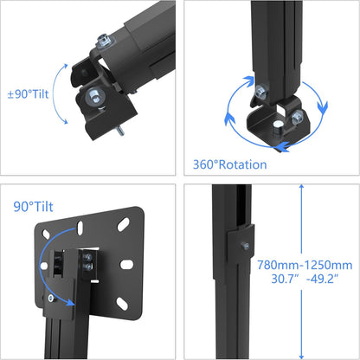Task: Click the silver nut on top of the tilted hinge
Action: (x=104, y=40)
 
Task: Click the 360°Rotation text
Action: (x=230, y=164)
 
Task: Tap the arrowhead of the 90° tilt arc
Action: (x=54, y=301)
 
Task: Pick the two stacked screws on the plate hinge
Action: (x=87, y=263)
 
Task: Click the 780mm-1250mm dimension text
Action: (x=305, y=265)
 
